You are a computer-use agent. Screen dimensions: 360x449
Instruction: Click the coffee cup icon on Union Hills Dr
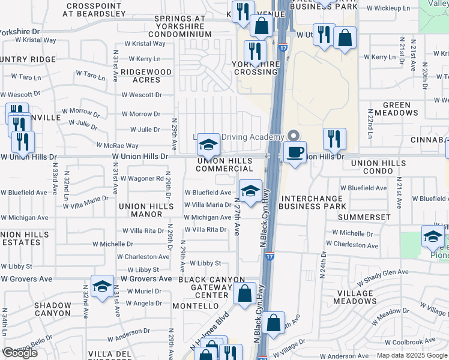[294, 151]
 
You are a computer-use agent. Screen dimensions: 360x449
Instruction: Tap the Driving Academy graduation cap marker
[208, 144]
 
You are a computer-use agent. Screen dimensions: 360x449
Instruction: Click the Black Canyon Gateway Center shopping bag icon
[244, 294]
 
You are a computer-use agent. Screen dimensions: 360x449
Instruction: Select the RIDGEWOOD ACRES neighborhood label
[146, 76]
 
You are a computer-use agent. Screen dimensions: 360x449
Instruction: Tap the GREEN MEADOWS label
[396, 109]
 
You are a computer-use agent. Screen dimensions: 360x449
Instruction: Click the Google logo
[20, 353]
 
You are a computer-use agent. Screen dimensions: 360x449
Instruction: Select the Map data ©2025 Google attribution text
[412, 355]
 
